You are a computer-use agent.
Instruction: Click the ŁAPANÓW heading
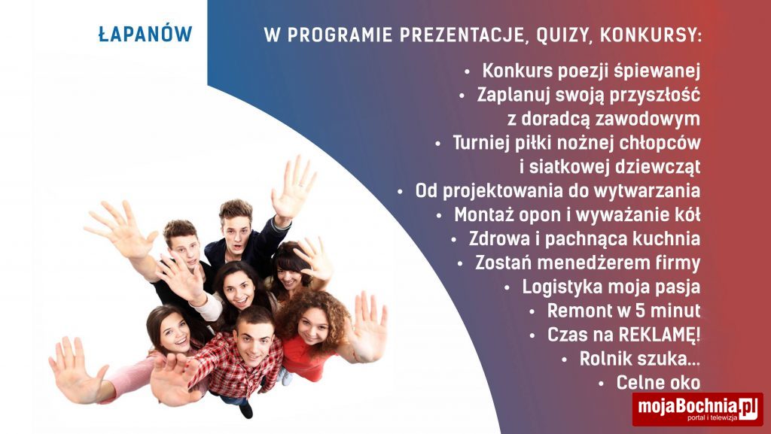pyautogui.click(x=145, y=33)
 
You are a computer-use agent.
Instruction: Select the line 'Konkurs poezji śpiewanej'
pyautogui.click(x=591, y=71)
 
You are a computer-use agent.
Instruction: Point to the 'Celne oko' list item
pyautogui.click(x=658, y=382)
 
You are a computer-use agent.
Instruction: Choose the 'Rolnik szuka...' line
pyautogui.click(x=640, y=358)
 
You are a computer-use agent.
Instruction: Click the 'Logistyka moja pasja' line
pyautogui.click(x=611, y=287)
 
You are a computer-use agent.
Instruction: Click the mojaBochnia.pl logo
pyautogui.click(x=698, y=409)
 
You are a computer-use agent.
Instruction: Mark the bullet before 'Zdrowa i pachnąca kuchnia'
pyautogui.click(x=454, y=240)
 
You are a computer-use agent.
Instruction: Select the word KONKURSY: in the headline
pyautogui.click(x=651, y=35)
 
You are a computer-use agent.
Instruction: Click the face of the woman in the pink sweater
pyautogui.click(x=175, y=334)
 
